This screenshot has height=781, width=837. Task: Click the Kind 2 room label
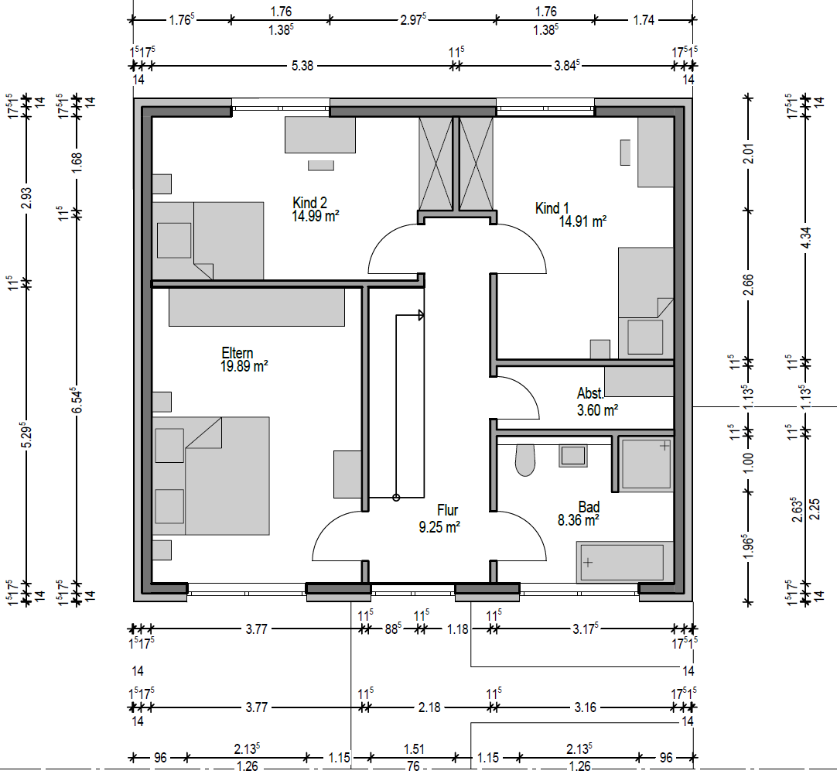[x=309, y=203]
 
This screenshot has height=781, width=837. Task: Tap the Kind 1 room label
[x=552, y=208]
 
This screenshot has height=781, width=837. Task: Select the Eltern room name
[x=237, y=353]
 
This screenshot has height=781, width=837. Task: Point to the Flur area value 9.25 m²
[x=439, y=527]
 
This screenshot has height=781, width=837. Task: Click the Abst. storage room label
[x=590, y=394]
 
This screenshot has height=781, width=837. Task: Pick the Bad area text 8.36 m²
[x=578, y=520]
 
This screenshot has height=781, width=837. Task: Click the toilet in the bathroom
[x=525, y=461]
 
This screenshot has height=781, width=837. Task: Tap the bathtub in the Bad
[x=624, y=562]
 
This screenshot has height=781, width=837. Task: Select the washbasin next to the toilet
[x=572, y=456]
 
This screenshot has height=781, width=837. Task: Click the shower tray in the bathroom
[x=646, y=464]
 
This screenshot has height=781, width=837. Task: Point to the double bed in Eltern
[x=211, y=475]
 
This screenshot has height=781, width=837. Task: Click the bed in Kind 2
[x=208, y=241]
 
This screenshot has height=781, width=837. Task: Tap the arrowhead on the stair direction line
[x=421, y=315]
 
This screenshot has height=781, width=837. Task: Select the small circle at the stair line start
[x=396, y=498]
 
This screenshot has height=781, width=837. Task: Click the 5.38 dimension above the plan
[x=302, y=66]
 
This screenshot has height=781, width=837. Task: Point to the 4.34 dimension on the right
[x=806, y=237]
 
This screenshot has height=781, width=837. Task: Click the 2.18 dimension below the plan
[x=429, y=707]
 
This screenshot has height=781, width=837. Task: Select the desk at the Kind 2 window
[x=319, y=135]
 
